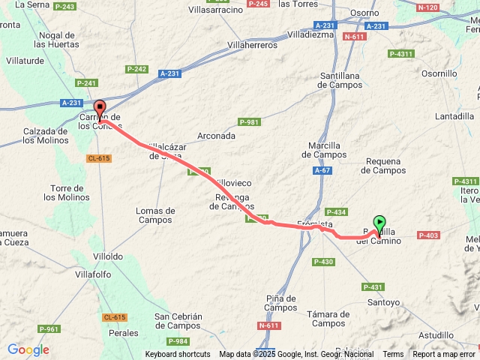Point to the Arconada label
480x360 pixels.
(x=217, y=136)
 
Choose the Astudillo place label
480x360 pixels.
(x=436, y=335)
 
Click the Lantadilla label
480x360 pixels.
(x=454, y=116)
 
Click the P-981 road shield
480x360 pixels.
(x=249, y=122)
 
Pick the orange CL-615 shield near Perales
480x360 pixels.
(x=115, y=318)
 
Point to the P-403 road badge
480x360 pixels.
(x=429, y=236)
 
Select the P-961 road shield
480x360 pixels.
(x=49, y=329)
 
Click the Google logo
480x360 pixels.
(x=28, y=349)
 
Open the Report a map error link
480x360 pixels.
(x=443, y=355)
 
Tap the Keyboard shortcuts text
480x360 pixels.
(x=178, y=355)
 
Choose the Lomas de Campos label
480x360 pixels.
(x=155, y=215)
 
